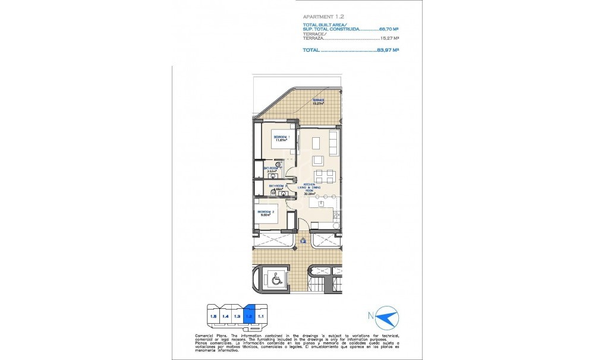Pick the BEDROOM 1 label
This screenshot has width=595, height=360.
pos(281,138)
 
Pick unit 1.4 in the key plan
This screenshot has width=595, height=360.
pos(225,316)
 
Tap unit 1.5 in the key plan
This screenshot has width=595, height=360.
pos(213,316)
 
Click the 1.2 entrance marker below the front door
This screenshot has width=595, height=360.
pos(303,241)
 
